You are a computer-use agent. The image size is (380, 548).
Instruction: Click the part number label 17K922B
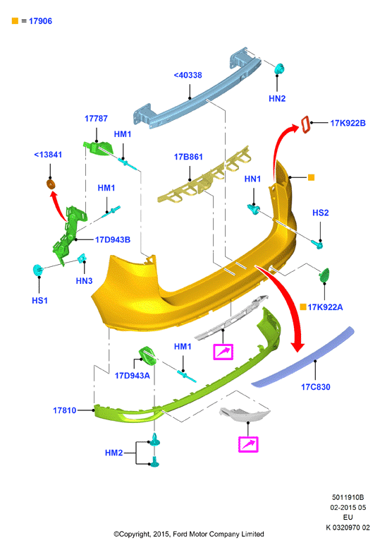tap(348, 123)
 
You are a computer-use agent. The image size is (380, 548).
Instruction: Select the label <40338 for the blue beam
tap(188, 75)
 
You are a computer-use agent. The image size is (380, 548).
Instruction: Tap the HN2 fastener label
tap(277, 99)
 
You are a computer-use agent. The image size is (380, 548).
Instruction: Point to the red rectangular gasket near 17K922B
tap(305, 125)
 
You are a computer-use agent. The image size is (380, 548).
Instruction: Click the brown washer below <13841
tap(51, 184)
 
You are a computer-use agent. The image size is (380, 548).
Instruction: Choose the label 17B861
tap(188, 157)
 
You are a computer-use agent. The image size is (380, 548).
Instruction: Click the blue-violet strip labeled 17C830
tap(303, 358)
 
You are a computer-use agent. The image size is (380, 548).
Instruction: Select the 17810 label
tap(65, 410)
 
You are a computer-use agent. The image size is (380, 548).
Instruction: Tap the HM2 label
tap(114, 453)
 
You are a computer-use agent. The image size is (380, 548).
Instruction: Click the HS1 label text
tap(39, 301)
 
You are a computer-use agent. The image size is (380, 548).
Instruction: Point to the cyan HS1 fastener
tap(37, 270)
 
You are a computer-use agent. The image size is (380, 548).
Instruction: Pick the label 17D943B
tap(113, 240)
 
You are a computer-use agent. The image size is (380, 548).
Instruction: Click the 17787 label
tap(96, 119)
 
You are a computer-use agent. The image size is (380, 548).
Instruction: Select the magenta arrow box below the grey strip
tap(223, 352)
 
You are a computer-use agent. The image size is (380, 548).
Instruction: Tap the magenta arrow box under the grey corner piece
tap(248, 444)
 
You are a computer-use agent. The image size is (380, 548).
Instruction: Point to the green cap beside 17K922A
tap(324, 275)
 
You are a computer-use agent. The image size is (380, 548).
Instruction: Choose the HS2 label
tap(320, 213)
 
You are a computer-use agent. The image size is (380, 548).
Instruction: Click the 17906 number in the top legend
tap(40, 21)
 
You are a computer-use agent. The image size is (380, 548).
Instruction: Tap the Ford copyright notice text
tap(188, 534)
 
